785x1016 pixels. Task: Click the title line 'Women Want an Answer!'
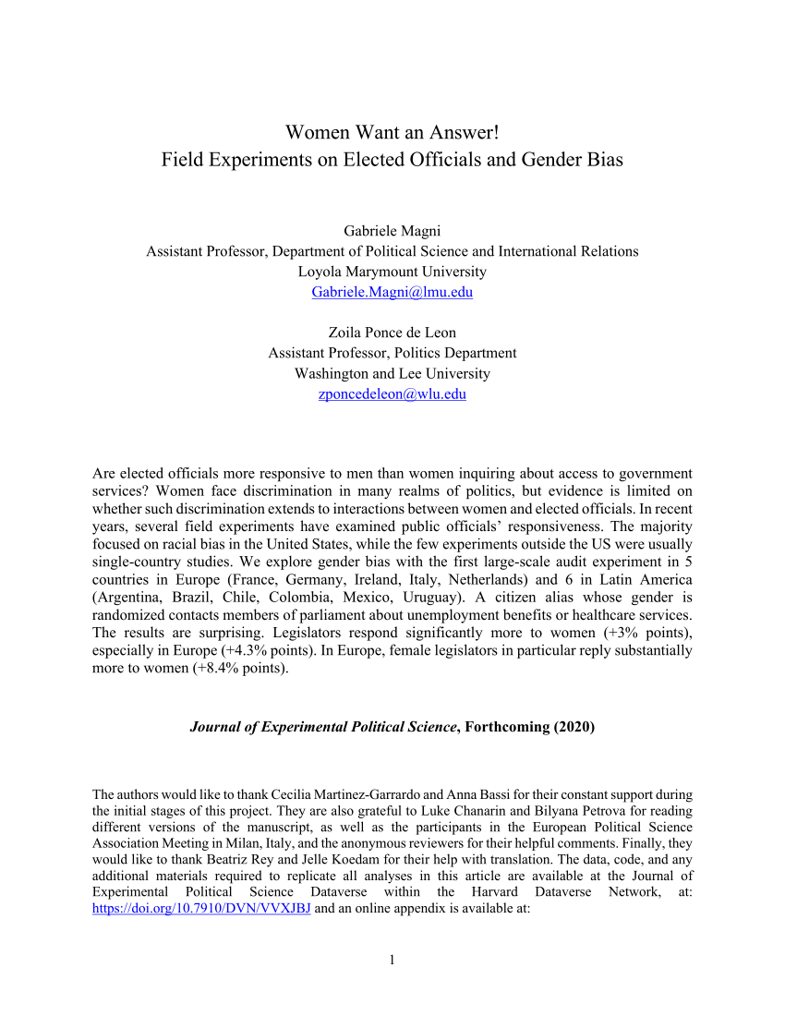392,132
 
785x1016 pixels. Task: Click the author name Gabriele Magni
392,231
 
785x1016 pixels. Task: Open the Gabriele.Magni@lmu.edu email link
392,292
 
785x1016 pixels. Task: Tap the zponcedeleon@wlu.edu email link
392,393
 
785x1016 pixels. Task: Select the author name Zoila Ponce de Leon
392,333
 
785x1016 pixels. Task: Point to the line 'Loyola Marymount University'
392,272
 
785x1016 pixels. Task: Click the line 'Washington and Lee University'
392,373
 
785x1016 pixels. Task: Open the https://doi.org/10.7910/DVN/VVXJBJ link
201,909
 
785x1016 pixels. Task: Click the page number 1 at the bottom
392,960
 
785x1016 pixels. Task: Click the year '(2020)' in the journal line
574,727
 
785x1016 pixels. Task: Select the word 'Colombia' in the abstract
309,598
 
